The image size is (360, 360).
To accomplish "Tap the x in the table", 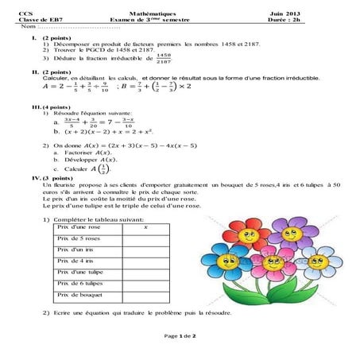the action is tap(146, 227).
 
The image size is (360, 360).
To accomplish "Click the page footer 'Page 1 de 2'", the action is tap(180, 336).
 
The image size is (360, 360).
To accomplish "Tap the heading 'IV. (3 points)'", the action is tap(44, 178).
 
